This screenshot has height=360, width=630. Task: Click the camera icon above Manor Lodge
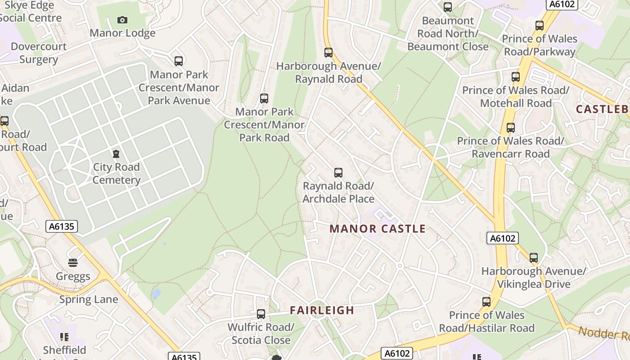coord(122,20)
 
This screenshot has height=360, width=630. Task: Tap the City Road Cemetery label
coord(117,174)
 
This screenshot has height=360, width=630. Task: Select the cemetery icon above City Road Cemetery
coord(116,154)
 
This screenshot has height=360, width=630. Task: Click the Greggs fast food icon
coord(73,262)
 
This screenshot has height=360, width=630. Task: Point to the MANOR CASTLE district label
coord(378,229)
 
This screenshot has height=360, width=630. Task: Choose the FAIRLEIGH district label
coord(322,310)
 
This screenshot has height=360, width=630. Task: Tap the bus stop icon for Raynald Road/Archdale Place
coord(338,172)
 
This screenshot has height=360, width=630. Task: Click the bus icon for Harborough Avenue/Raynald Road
coord(328,53)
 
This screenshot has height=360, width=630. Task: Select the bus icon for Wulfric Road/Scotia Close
coord(261,314)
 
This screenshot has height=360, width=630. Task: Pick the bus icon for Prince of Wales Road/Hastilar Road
coord(486,302)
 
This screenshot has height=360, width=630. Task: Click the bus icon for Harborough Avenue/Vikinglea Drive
coord(534,258)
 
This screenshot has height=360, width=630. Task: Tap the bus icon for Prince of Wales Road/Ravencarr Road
coord(510,128)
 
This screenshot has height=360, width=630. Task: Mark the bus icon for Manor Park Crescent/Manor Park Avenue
coord(179,61)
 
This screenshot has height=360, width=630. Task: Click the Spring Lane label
coord(89,299)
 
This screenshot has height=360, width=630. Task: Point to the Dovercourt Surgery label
coord(39,53)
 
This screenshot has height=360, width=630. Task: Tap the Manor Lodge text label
coord(122,33)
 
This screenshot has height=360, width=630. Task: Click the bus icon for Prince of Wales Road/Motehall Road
coord(516,77)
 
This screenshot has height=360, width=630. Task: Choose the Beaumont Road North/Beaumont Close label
coord(448,34)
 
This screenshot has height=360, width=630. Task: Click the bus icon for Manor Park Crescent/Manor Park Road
coord(264,99)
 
